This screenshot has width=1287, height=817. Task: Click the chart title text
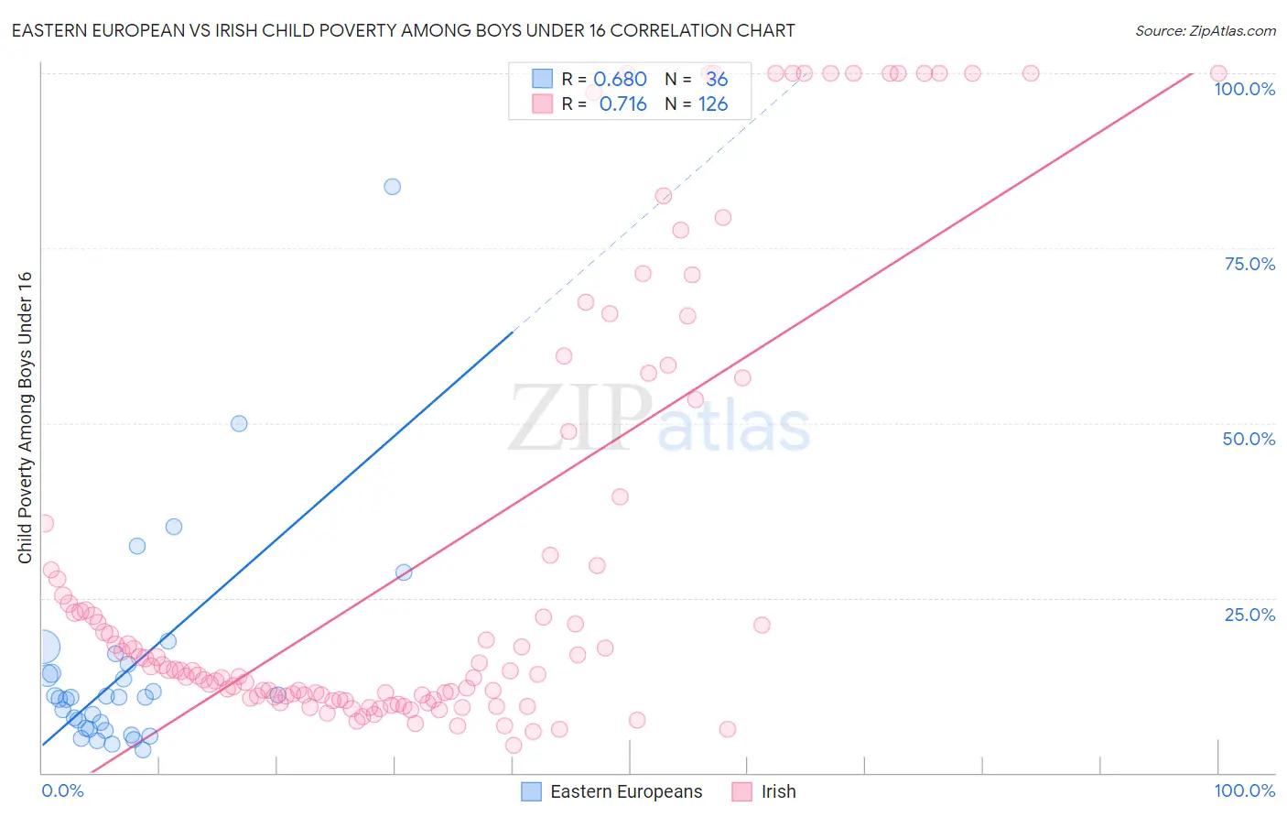403,30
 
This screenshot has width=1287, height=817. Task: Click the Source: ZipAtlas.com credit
1205,30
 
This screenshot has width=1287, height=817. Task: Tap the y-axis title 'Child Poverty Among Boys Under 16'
25,418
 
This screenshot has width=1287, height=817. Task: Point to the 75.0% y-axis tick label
1249,264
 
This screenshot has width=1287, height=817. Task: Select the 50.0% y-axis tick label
1249,439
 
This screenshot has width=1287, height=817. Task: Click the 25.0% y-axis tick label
1249,615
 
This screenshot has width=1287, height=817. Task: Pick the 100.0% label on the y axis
1244,89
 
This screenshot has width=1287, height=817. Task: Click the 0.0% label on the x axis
62,790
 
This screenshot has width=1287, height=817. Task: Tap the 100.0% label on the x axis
1244,790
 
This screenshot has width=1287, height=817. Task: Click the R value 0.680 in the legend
620,80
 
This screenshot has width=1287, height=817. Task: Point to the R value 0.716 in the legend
622,104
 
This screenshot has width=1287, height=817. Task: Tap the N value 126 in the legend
713,104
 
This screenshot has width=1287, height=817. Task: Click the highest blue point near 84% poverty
392,187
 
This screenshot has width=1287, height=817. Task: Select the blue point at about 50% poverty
239,423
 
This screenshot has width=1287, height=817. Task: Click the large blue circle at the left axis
44,648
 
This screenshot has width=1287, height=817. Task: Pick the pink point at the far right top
1218,73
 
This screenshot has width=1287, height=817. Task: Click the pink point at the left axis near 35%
44,524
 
